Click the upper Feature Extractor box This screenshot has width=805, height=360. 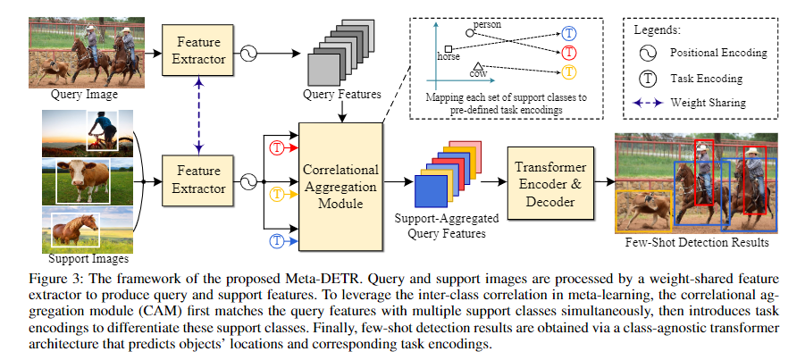(x=199, y=46)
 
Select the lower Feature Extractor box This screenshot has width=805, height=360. (x=199, y=180)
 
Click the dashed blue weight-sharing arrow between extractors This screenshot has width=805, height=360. (x=199, y=113)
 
